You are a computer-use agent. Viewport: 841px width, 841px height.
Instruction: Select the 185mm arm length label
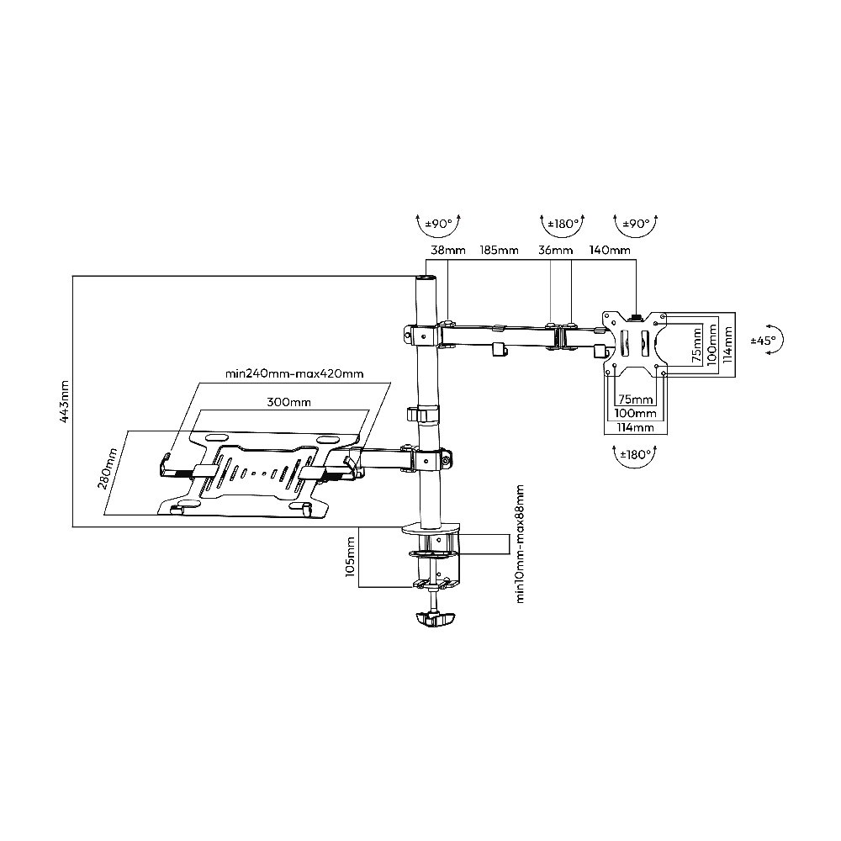coord(500,250)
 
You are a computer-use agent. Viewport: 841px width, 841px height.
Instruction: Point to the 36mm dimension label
coord(556,250)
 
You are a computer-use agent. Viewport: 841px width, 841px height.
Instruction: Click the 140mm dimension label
coord(610,250)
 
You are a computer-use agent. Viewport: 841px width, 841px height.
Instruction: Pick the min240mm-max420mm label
coord(294,373)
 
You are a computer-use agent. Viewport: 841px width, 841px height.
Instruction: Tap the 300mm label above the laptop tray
coord(289,402)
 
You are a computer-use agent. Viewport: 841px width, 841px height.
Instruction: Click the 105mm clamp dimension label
coord(351,556)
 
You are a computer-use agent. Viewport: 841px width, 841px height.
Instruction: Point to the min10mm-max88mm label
coord(519,544)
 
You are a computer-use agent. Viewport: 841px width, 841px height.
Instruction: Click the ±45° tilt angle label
coord(763,340)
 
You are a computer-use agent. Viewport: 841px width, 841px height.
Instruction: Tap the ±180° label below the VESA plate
coord(635,455)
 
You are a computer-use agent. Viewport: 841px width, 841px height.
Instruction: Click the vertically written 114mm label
coord(727,345)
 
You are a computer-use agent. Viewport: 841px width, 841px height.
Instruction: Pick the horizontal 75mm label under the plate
coord(636,399)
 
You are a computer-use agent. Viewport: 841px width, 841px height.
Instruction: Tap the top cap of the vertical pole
coord(426,279)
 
